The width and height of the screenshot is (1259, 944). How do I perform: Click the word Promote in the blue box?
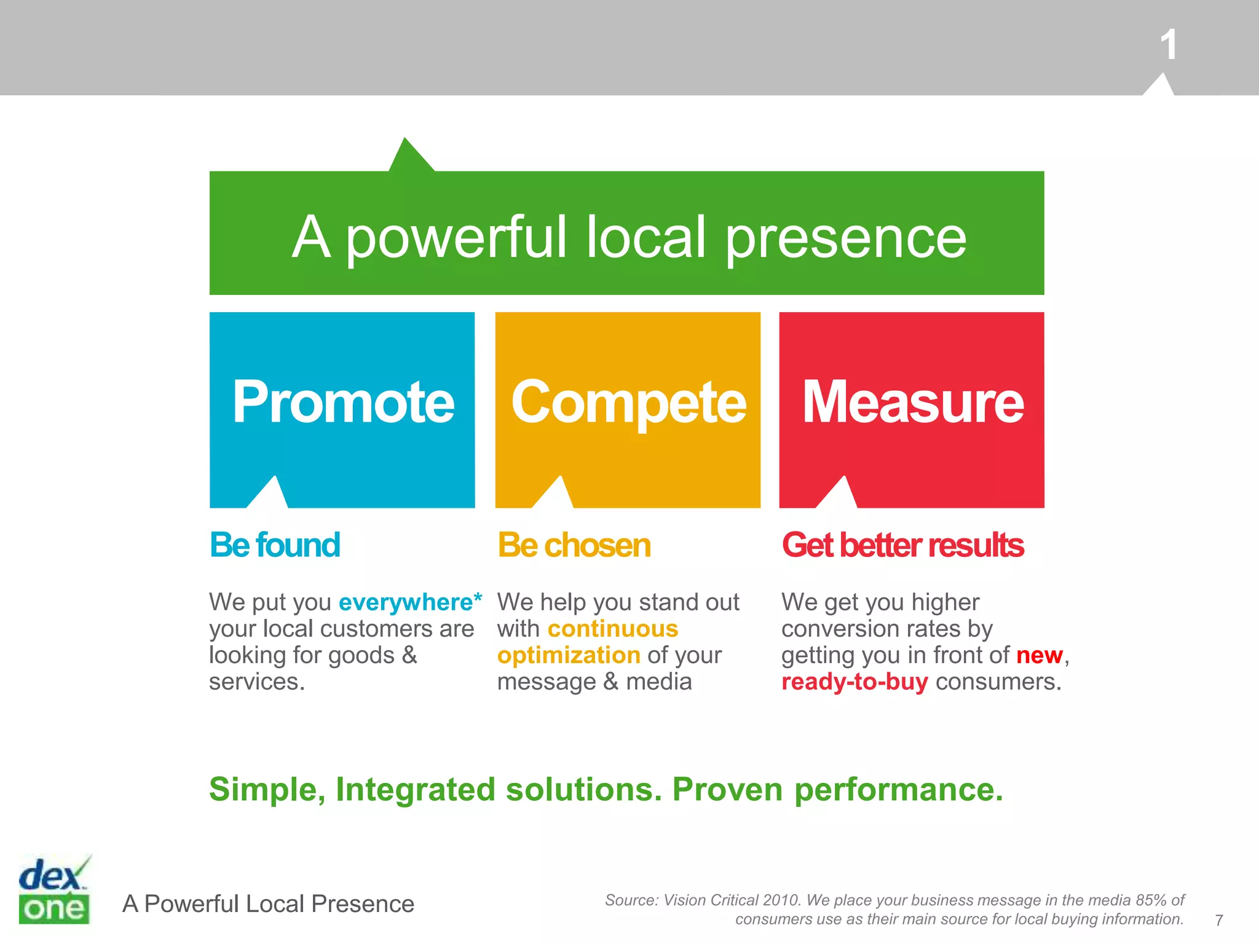(x=343, y=402)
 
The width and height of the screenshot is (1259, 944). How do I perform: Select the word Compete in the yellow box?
(x=628, y=403)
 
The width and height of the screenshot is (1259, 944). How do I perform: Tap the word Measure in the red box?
(x=913, y=402)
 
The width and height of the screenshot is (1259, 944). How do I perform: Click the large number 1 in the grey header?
(x=1168, y=45)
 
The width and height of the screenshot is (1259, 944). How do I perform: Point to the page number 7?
(x=1218, y=920)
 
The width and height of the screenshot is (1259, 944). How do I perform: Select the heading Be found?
(x=275, y=545)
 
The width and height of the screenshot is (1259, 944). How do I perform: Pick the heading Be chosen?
(x=574, y=545)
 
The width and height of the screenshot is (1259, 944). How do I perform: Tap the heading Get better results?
(x=902, y=545)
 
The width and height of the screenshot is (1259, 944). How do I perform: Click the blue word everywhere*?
(x=410, y=602)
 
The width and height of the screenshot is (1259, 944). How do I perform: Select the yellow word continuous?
(x=613, y=629)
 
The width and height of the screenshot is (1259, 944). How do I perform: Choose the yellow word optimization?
(x=569, y=655)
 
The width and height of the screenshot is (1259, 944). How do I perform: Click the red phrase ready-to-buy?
(x=854, y=682)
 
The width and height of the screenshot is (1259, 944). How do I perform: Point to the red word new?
(x=1040, y=655)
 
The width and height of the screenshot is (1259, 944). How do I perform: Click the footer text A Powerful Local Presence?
(x=268, y=904)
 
